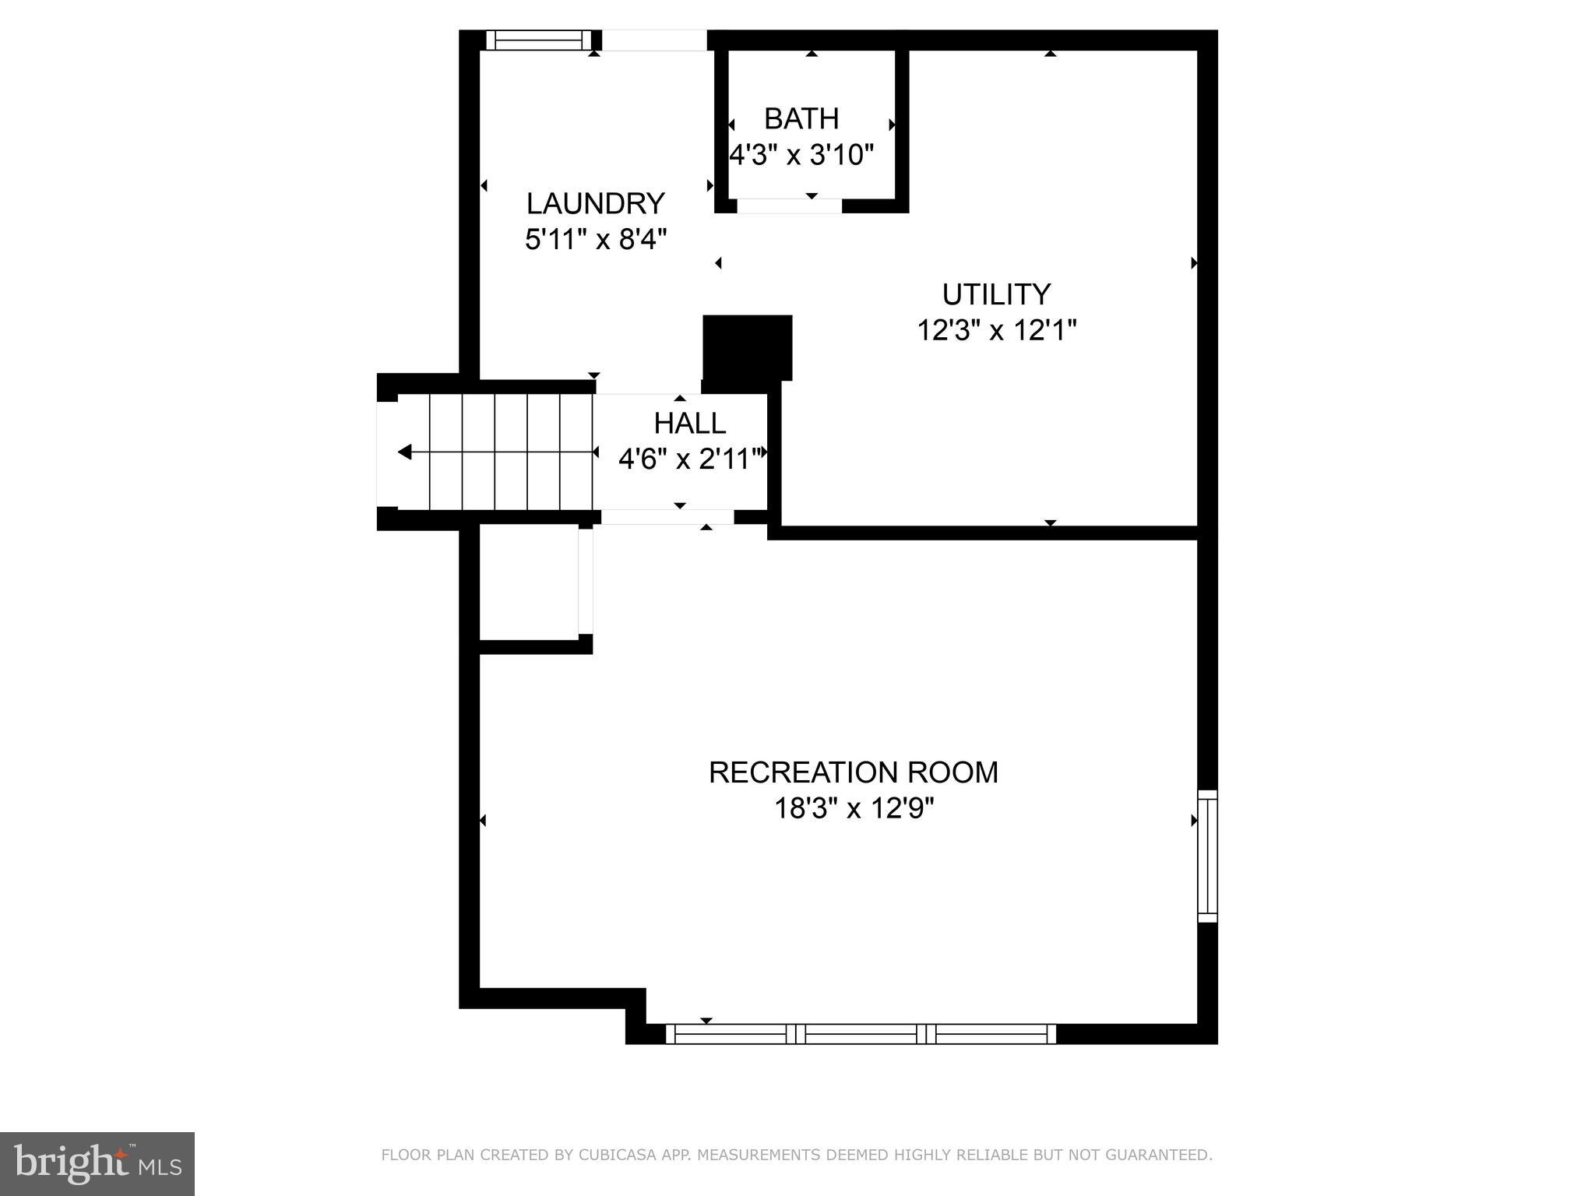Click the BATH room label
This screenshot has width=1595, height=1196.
(801, 119)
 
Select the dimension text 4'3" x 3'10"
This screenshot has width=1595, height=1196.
(801, 155)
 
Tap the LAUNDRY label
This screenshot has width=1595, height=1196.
(596, 203)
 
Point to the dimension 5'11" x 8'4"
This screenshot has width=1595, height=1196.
(596, 239)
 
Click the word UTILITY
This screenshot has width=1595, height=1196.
(996, 294)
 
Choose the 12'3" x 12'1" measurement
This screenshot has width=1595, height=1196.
(996, 330)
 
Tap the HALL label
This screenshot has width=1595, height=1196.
(689, 424)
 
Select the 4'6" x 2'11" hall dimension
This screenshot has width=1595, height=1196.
(690, 459)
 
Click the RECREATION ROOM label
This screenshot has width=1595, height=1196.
(853, 772)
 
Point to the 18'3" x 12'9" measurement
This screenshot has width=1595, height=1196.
(853, 808)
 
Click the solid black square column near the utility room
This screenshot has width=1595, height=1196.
(747, 347)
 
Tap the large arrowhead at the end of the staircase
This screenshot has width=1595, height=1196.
(404, 452)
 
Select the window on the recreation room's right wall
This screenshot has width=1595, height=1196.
(1206, 856)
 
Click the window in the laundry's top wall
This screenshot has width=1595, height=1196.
(539, 40)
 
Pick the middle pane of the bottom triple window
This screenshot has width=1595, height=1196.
(861, 1034)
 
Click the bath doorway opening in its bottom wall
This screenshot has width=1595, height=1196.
(789, 206)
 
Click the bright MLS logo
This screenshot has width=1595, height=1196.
(97, 1164)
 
